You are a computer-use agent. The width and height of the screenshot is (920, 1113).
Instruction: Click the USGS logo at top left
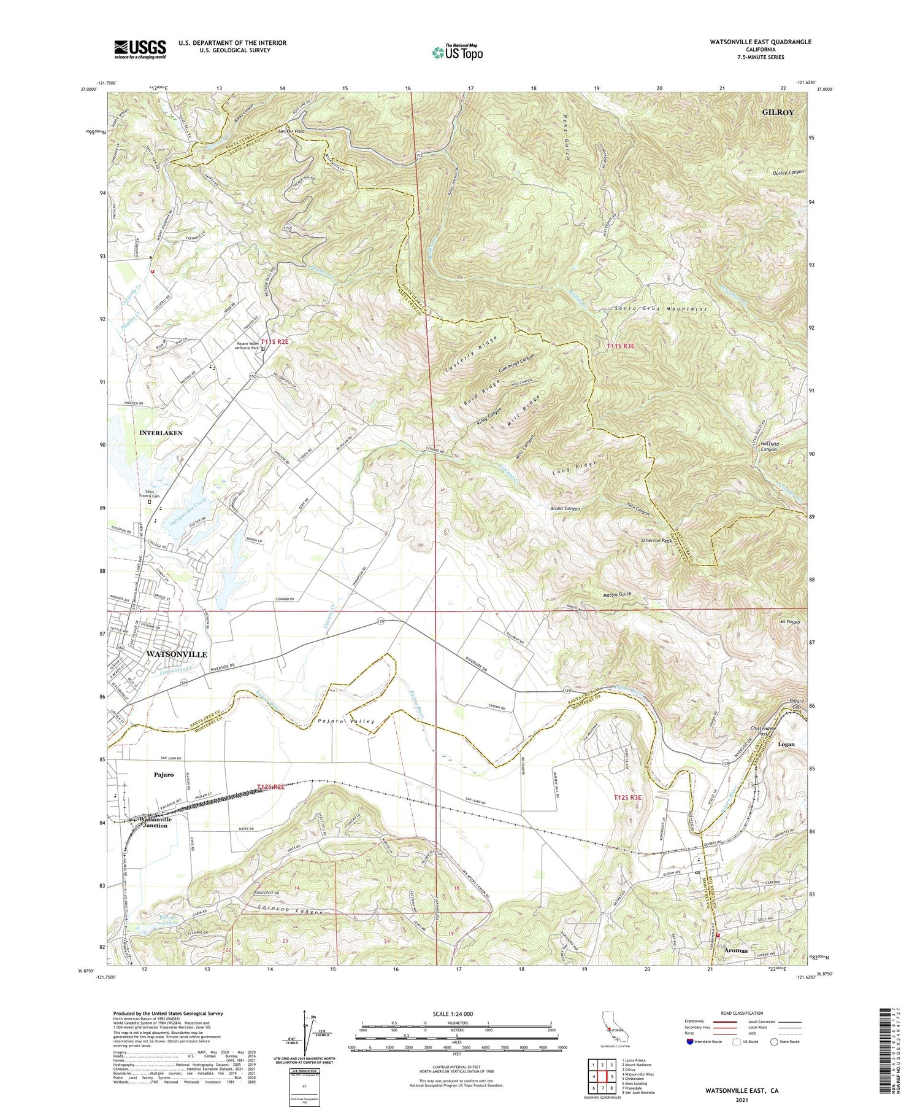tap(140, 49)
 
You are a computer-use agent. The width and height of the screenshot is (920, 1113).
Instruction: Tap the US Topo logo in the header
tap(456, 53)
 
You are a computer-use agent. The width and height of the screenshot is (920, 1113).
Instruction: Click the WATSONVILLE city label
tap(177, 654)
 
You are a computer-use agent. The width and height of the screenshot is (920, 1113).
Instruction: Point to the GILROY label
tap(777, 112)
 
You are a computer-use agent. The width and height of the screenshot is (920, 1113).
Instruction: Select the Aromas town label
tap(735, 950)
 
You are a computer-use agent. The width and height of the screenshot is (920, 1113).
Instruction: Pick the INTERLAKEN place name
tap(161, 433)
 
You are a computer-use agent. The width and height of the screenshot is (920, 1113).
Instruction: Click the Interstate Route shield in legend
tap(691, 1042)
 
